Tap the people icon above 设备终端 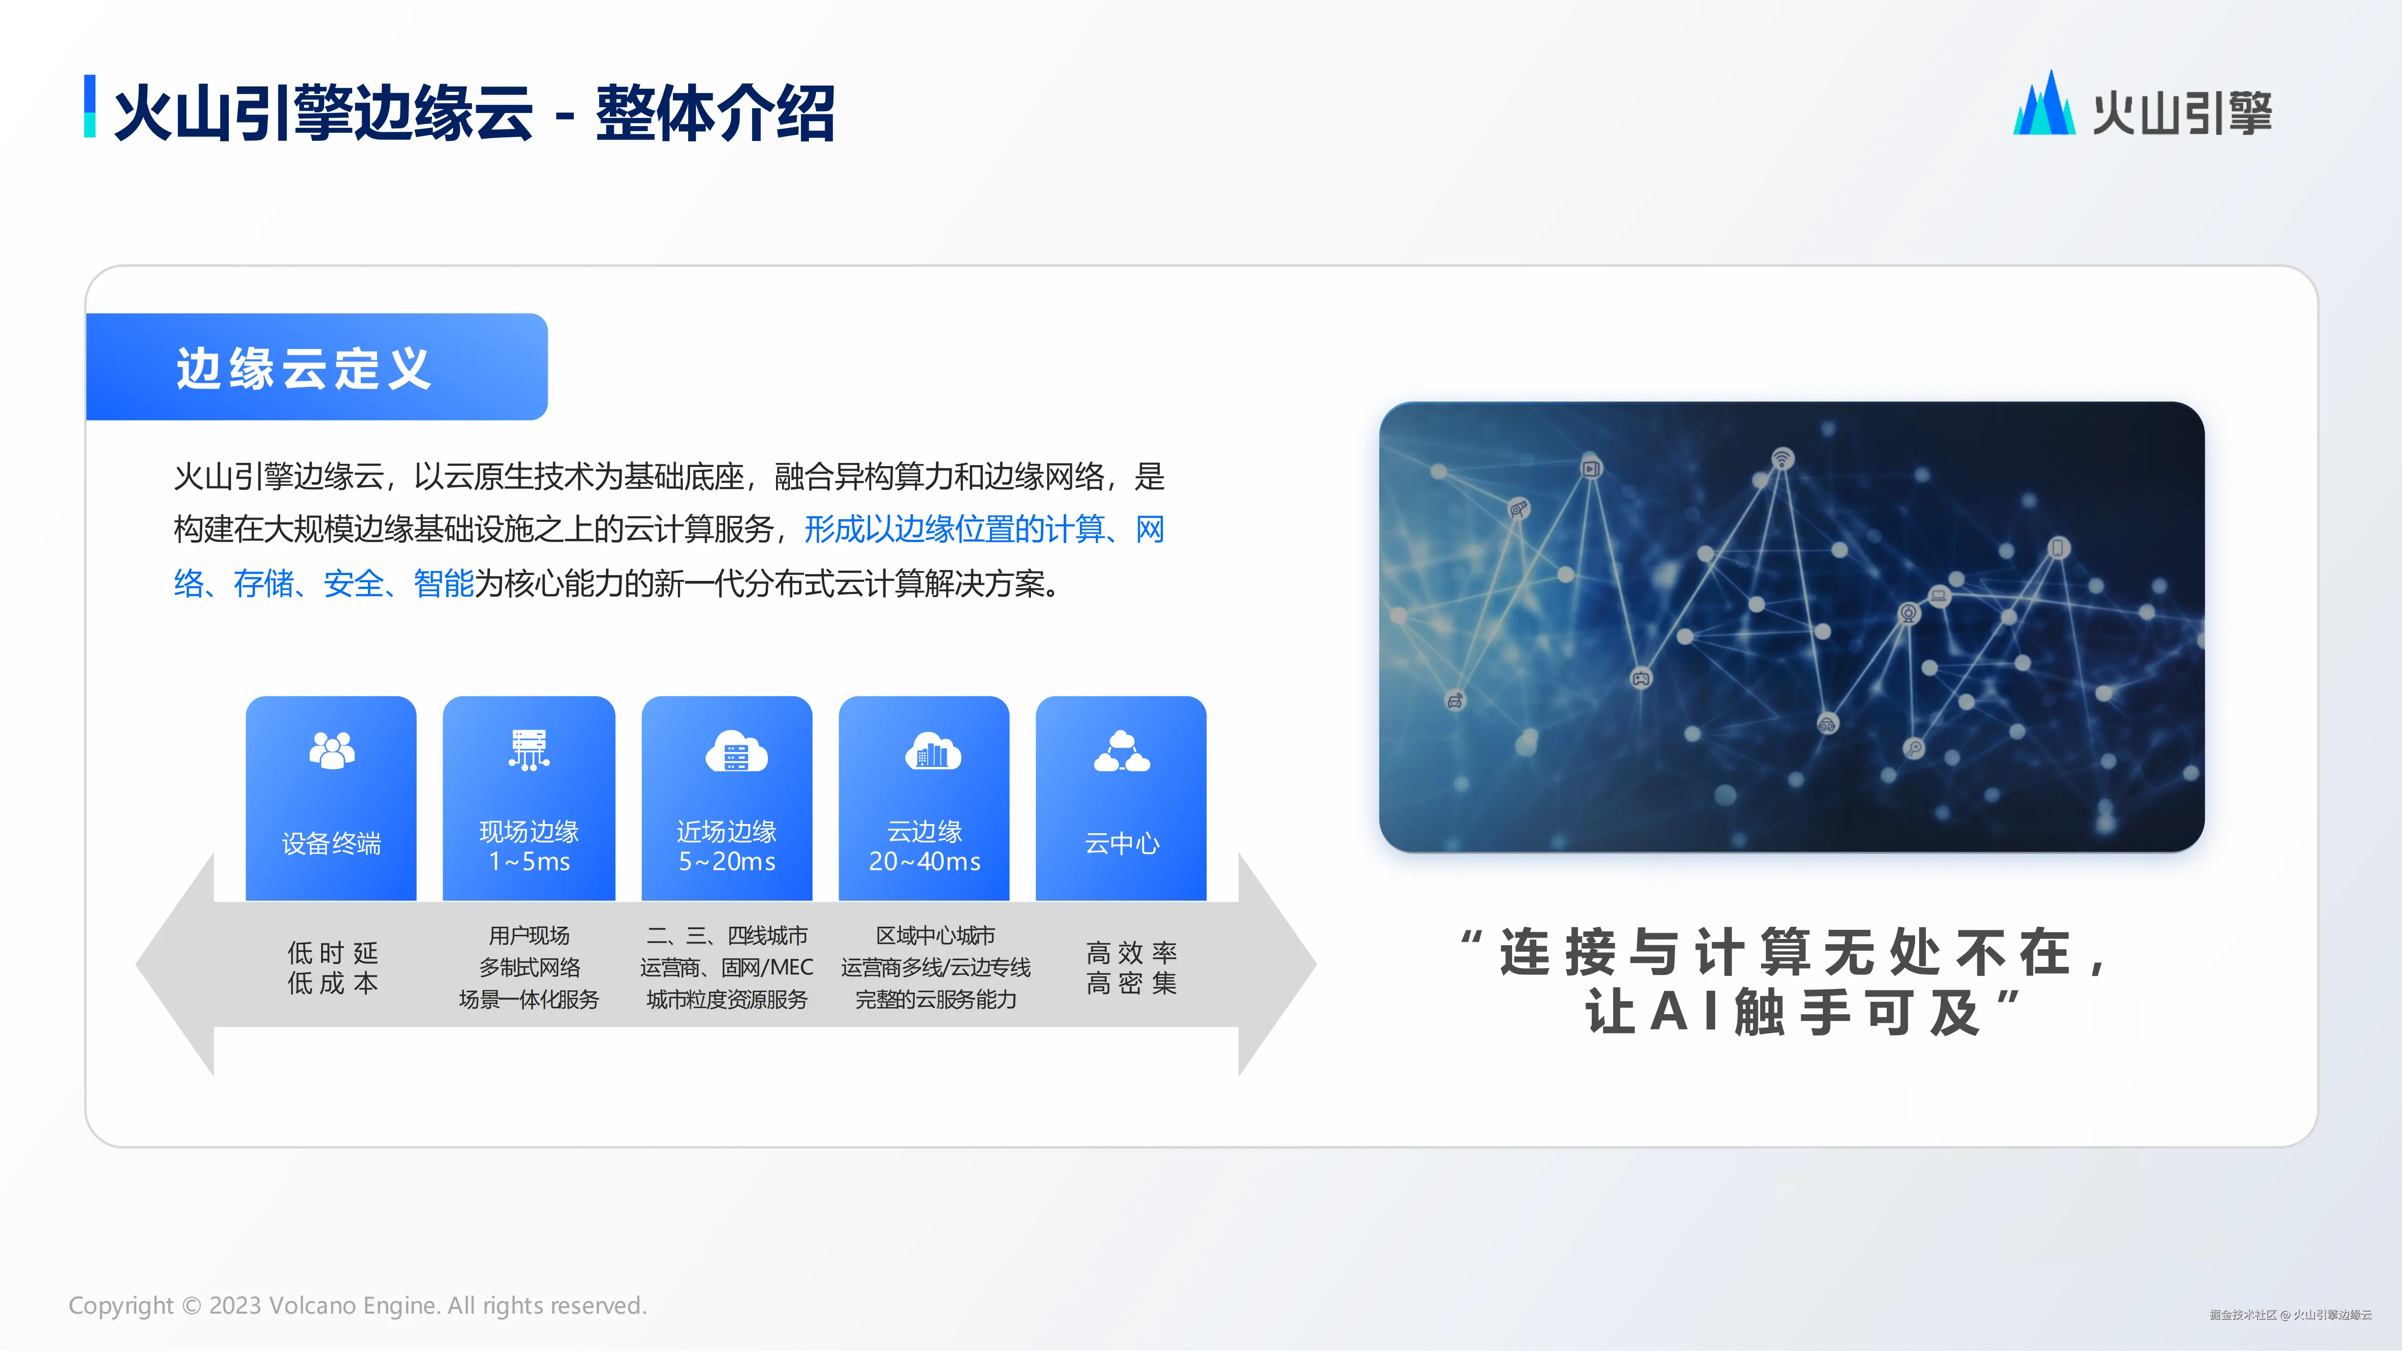(332, 750)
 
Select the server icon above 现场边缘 (529, 750)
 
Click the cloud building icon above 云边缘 (932, 752)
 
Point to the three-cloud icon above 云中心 (1122, 752)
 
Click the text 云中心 (1122, 844)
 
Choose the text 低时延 (333, 953)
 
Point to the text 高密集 (1132, 983)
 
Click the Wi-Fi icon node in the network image (1782, 459)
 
